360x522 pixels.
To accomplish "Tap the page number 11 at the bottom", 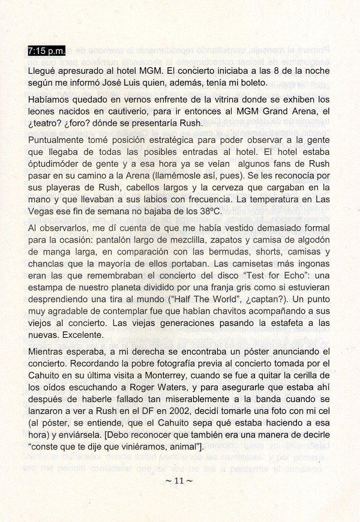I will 181,480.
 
